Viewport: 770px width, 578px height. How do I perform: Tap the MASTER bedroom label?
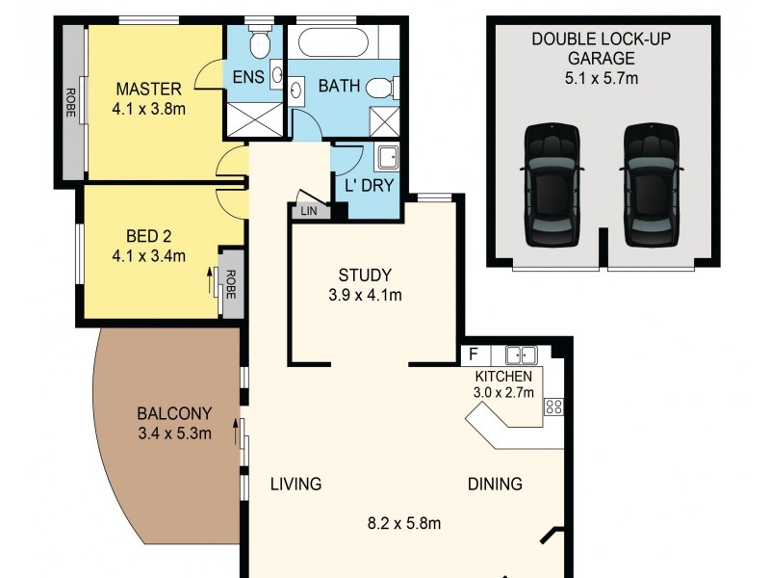coord(143,89)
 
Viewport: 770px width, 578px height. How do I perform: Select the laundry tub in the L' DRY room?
coord(387,157)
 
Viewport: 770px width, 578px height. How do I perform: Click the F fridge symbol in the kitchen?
coord(473,354)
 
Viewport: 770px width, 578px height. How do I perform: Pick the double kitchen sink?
coord(521,354)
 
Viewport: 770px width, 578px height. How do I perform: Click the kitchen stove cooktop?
coord(554,407)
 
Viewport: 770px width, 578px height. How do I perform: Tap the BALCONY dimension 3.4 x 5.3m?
coord(174,433)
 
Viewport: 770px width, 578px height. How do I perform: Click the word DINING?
coord(495,484)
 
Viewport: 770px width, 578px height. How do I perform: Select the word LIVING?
coord(295,484)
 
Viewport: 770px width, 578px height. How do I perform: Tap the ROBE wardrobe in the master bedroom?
coord(71,102)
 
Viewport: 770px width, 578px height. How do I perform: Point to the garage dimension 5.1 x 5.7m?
coord(603,78)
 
